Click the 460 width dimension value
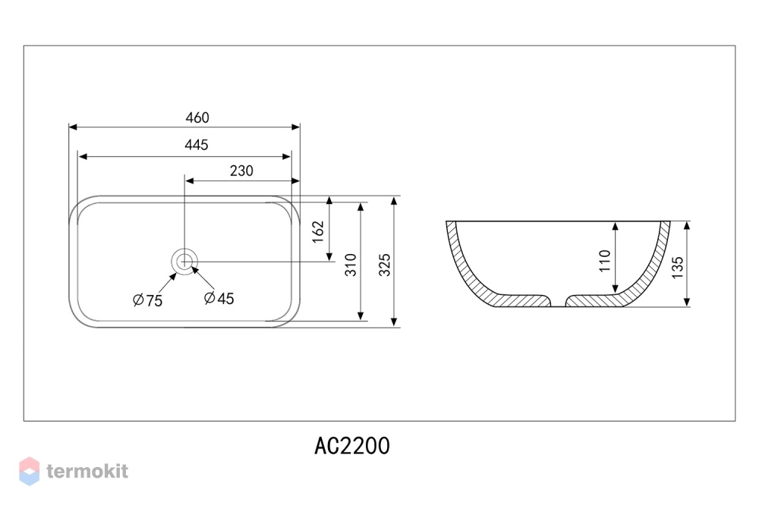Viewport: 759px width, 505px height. click(x=197, y=118)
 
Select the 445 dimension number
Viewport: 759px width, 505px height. click(x=196, y=145)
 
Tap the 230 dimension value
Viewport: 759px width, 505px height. click(x=241, y=171)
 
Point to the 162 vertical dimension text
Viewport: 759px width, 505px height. click(x=317, y=232)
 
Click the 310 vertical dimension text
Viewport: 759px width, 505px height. click(x=351, y=265)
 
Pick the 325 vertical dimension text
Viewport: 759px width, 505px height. click(x=384, y=265)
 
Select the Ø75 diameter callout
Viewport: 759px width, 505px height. click(x=148, y=300)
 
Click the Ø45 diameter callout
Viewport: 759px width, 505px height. click(x=219, y=299)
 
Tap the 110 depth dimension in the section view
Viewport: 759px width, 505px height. click(x=605, y=261)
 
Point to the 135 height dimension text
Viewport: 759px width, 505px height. click(x=677, y=267)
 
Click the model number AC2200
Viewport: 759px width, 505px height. click(x=352, y=446)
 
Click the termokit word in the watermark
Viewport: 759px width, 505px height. click(x=87, y=471)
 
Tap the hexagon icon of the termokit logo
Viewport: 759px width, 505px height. click(x=29, y=471)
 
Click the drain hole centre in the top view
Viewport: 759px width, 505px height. click(x=184, y=262)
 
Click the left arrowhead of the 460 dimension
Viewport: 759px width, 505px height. click(x=73, y=127)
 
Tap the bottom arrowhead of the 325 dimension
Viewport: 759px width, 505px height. click(x=394, y=323)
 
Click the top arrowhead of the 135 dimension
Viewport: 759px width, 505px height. click(x=686, y=226)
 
